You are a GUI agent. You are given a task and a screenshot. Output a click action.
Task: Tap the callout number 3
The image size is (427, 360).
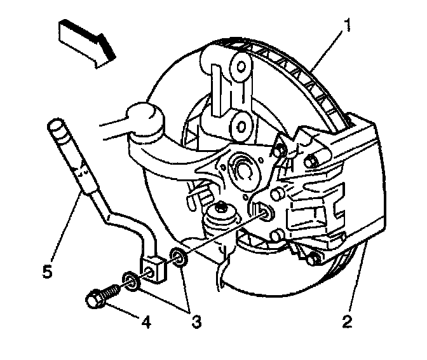196,322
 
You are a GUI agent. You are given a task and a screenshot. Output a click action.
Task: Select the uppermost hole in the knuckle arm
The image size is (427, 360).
240,66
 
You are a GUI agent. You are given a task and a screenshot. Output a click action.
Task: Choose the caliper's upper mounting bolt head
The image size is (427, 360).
313,161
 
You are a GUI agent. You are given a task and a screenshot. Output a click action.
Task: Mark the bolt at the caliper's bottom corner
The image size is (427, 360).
311,259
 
